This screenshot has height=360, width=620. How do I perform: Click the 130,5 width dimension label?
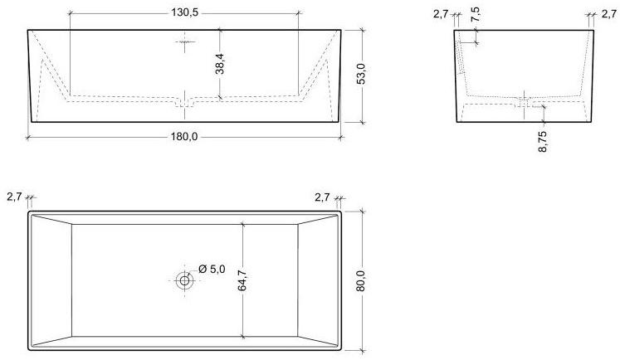pyautogui.click(x=183, y=13)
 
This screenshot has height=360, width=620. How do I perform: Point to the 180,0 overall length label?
pyautogui.click(x=184, y=137)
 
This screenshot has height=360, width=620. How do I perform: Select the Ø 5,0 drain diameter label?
pyautogui.click(x=212, y=268)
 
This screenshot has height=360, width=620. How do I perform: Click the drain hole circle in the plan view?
pyautogui.click(x=184, y=280)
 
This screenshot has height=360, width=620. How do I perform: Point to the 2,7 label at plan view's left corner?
pyautogui.click(x=13, y=197)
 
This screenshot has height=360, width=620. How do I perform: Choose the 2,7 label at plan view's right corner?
pyautogui.click(x=323, y=197)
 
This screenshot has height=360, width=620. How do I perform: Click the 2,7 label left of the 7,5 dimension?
pyautogui.click(x=441, y=13)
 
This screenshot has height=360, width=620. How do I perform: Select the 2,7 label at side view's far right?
pyautogui.click(x=608, y=13)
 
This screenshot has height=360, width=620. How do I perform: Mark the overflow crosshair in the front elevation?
pyautogui.click(x=184, y=42)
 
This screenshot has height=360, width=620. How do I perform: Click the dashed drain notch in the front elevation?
pyautogui.click(x=184, y=103)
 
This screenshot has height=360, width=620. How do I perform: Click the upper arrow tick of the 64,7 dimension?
pyautogui.click(x=242, y=224)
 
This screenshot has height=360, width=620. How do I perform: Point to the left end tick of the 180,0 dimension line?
pyautogui.click(x=28, y=137)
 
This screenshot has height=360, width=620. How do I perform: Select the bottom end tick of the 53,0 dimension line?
pyautogui.click(x=363, y=122)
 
